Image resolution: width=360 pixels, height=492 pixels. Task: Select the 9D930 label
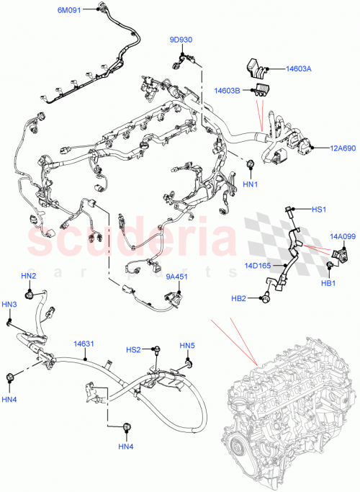click(x=181, y=40)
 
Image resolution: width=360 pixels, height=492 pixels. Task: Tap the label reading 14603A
click(x=297, y=68)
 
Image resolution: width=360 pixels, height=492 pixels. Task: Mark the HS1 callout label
click(x=319, y=210)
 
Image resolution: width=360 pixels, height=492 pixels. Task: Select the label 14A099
click(x=343, y=236)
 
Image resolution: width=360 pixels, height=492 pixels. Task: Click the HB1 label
click(x=329, y=283)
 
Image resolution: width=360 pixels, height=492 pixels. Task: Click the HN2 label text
click(x=28, y=276)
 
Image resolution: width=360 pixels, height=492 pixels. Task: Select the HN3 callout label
click(x=9, y=305)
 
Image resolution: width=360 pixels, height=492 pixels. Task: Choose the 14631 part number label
click(x=83, y=344)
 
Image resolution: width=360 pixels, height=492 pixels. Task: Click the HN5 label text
click(x=186, y=345)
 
